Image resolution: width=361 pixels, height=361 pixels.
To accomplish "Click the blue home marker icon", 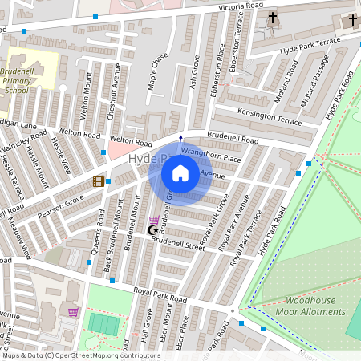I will pyautogui.click(x=180, y=173).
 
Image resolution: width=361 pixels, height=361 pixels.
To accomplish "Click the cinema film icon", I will pyautogui.click(x=99, y=181).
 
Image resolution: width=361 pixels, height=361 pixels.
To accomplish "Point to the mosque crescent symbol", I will pyautogui.click(x=152, y=231).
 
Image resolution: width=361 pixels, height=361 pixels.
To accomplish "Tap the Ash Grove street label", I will pyautogui.click(x=193, y=71).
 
